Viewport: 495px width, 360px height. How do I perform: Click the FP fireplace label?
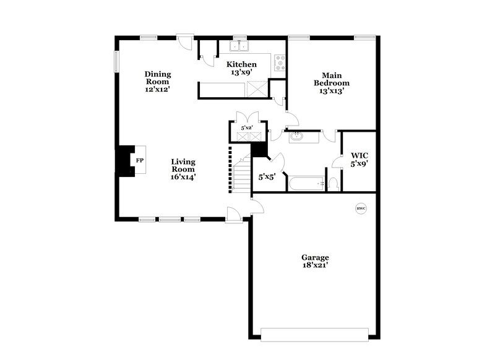(139, 161)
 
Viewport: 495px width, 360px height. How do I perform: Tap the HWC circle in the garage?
(361, 208)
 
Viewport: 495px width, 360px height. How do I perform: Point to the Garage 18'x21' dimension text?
(314, 265)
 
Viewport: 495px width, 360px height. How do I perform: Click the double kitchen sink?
(238, 46)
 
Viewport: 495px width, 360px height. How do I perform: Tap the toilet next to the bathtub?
(333, 183)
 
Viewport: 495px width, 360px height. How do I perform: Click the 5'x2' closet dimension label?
(246, 128)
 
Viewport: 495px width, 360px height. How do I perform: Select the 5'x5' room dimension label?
(267, 177)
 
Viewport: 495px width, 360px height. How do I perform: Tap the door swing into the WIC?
(337, 162)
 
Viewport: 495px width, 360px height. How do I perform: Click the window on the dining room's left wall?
(115, 61)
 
